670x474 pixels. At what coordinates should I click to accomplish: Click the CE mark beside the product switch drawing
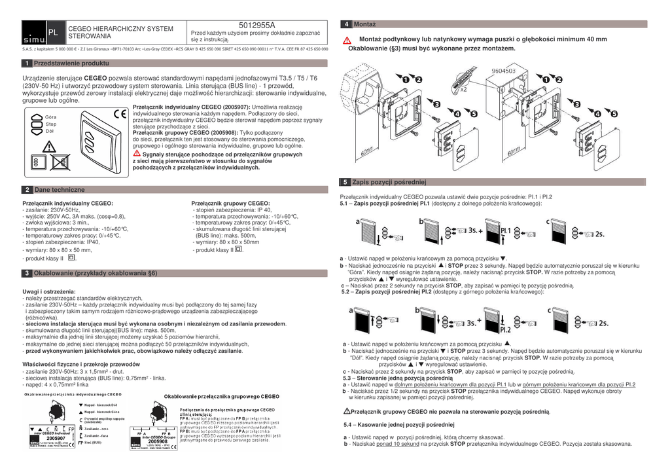119,112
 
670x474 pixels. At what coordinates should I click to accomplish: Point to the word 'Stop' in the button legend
51,124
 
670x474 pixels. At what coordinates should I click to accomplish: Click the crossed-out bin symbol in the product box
57,162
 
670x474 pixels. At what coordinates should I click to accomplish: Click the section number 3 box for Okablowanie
26,272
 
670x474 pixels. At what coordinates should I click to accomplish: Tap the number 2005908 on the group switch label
158,441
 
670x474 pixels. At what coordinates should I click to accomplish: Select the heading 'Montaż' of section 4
364,24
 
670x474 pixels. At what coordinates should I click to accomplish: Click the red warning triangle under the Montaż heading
347,41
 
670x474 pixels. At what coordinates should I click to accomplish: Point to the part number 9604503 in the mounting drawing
503,70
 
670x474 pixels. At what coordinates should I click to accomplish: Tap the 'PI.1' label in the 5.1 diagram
504,230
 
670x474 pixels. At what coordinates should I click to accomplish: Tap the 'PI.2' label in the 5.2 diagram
504,329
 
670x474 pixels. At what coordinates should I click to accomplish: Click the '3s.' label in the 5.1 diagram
472,230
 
